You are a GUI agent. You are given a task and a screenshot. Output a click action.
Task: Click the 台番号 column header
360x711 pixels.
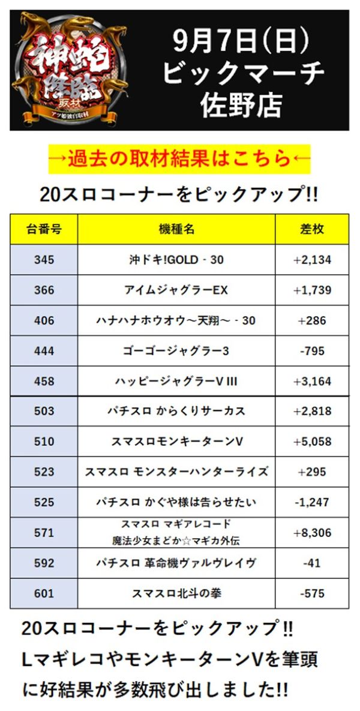pyautogui.click(x=44, y=229)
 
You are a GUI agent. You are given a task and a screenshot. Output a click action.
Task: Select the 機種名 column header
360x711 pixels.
pyautogui.click(x=176, y=229)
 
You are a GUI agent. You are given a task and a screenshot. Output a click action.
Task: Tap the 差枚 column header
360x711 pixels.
pyautogui.click(x=312, y=229)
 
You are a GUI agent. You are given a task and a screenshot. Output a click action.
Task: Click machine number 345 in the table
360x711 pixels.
pyautogui.click(x=44, y=260)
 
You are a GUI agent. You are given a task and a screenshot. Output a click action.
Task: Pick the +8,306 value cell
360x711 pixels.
pyautogui.click(x=312, y=532)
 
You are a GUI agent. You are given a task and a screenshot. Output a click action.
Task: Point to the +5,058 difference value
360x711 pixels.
pyautogui.click(x=312, y=442)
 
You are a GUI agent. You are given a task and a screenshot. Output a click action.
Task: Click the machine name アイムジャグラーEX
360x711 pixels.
pyautogui.click(x=176, y=290)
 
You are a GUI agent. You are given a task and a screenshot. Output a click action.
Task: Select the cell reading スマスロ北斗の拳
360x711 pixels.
pyautogui.click(x=176, y=593)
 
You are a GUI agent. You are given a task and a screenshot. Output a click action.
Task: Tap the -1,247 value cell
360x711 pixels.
pyautogui.click(x=312, y=502)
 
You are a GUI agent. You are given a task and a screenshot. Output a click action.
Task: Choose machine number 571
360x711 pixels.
pyautogui.click(x=44, y=532)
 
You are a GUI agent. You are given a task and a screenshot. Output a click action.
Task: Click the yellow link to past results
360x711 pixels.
pyautogui.click(x=180, y=160)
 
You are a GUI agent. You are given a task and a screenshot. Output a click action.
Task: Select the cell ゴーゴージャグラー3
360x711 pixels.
pyautogui.click(x=176, y=351)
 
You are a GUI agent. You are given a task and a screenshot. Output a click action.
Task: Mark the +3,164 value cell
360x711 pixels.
pyautogui.click(x=312, y=381)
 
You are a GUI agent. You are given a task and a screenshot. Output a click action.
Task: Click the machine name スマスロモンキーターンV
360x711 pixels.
pyautogui.click(x=176, y=442)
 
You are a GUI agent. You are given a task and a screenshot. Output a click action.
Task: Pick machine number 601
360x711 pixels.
pyautogui.click(x=44, y=593)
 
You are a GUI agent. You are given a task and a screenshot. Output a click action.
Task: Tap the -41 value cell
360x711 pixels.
pyautogui.click(x=312, y=563)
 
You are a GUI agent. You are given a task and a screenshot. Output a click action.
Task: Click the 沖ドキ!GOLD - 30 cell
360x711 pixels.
pyautogui.click(x=176, y=260)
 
